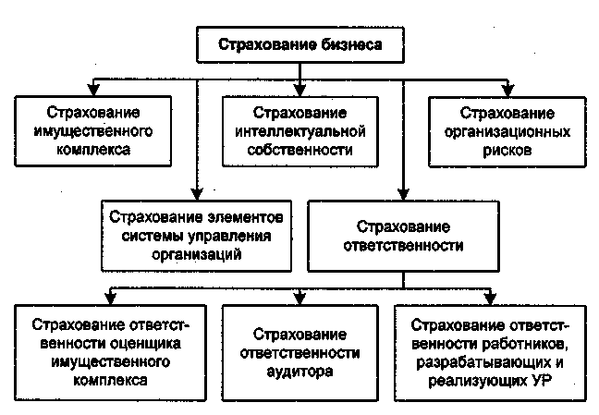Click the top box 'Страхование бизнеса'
299,43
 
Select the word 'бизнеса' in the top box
344,43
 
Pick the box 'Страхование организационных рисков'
507,130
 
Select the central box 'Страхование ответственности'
403,237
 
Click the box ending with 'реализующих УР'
492,352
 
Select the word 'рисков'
507,148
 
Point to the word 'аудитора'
300,370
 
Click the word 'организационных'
507,130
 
